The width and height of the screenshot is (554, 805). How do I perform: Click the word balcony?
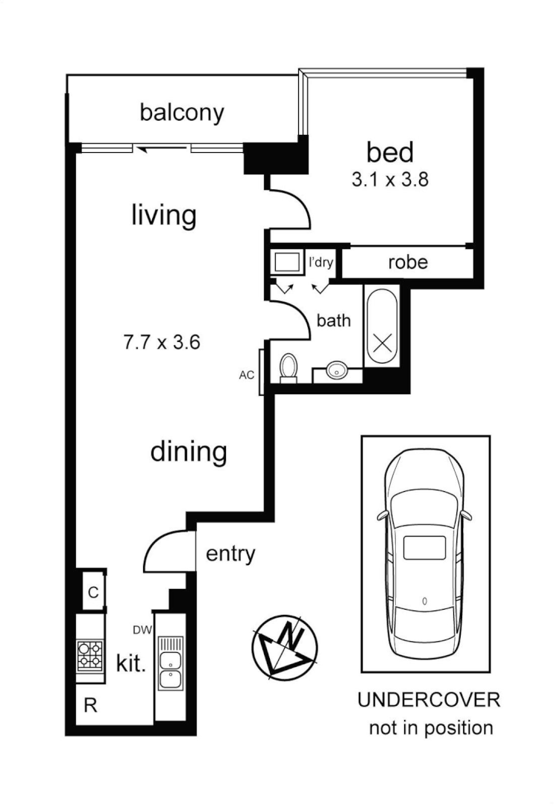click(x=182, y=113)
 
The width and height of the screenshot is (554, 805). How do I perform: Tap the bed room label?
click(x=389, y=152)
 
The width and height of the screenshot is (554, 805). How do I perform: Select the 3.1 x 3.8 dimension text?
click(x=389, y=180)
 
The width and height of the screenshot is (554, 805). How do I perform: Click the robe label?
click(x=408, y=262)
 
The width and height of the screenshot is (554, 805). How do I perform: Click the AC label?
click(x=247, y=375)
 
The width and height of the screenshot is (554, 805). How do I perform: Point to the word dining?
click(x=189, y=452)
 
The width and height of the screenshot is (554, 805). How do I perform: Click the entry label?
click(x=230, y=554)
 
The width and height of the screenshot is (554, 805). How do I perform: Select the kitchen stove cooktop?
click(x=90, y=655)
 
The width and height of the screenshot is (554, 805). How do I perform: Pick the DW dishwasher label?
click(x=142, y=631)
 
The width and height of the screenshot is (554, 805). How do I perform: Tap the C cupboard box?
click(x=92, y=593)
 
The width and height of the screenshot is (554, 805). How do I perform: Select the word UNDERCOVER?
click(x=429, y=701)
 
